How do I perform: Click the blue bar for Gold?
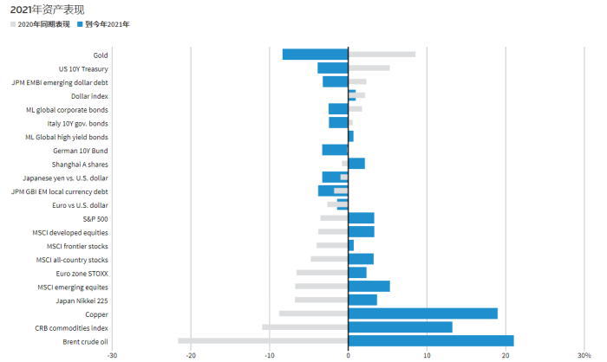point(315,55)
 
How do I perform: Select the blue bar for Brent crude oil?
point(431,340)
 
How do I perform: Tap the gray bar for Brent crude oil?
point(263,340)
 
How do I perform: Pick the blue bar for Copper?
point(423,314)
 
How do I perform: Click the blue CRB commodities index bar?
point(400,326)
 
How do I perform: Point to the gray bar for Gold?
point(382,55)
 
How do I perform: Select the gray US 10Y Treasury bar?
point(369,68)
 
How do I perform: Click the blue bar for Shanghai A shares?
point(356,164)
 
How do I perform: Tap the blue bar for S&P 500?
point(362,217)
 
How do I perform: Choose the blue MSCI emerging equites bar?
point(369,286)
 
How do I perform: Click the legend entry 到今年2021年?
point(107,24)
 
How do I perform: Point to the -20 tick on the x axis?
point(191,355)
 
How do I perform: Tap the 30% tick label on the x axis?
point(583,355)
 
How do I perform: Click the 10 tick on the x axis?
point(427,355)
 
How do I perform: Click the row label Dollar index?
point(89,96)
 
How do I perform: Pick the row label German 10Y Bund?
point(81,150)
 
